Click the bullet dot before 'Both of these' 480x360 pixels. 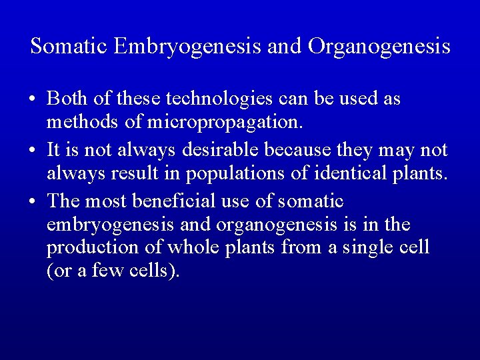tap(33, 99)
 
